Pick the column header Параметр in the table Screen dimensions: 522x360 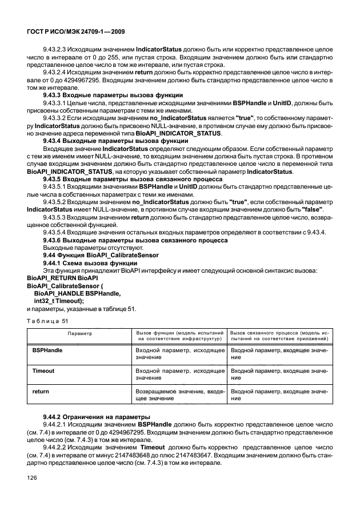pos(80,332)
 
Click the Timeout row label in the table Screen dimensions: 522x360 pos(43,370)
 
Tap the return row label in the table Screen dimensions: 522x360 pos(41,392)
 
